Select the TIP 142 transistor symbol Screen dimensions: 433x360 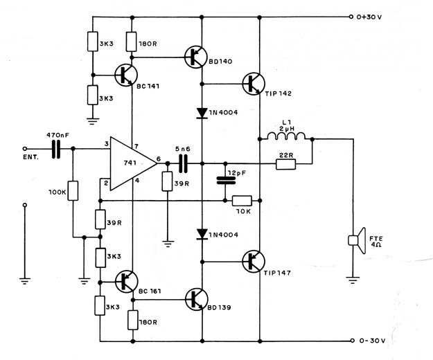(254, 84)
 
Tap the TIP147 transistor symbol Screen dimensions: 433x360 (254, 262)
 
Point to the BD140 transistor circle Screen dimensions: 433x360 (196, 57)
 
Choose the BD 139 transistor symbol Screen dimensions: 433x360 (196, 300)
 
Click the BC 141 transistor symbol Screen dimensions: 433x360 (126, 75)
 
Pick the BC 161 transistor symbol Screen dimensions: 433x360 (127, 282)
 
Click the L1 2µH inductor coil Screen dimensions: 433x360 (286, 136)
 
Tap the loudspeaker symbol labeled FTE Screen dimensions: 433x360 (357, 240)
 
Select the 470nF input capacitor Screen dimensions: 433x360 (56, 149)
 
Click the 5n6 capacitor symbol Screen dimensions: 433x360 (183, 163)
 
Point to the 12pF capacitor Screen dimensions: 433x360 (226, 181)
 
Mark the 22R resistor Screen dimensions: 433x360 (286, 164)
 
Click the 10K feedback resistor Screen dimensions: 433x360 (242, 201)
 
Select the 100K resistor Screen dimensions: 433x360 (73, 190)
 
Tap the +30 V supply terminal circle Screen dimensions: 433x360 (351, 17)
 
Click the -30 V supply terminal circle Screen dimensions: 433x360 (352, 341)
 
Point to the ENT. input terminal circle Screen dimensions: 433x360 (25, 149)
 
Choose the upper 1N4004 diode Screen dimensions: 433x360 (202, 113)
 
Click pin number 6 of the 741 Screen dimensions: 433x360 (159, 159)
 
